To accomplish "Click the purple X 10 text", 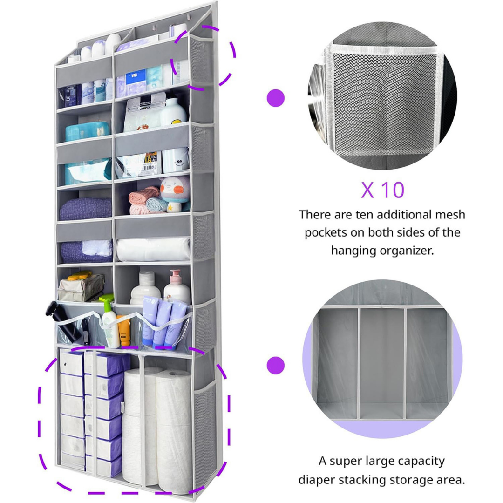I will pos(382,190).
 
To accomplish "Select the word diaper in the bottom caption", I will pos(323,480).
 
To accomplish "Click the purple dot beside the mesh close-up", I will pos(275,98).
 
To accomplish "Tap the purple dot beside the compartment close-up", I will pos(275,366).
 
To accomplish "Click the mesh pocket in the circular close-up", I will pos(383,102).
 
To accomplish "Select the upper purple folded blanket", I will pos(86,209).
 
